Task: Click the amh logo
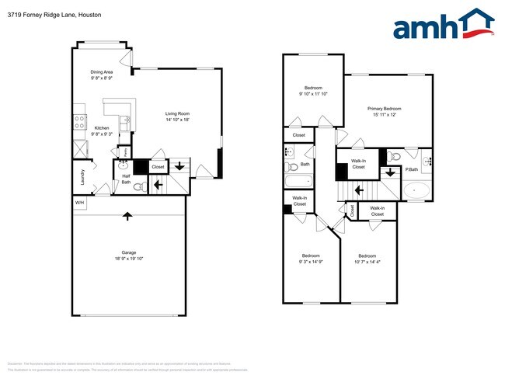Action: [x=444, y=26]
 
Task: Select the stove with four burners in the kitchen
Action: [x=79, y=121]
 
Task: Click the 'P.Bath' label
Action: [x=411, y=169]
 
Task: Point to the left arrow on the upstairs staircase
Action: [x=359, y=189]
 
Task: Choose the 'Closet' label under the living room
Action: [x=158, y=167]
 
